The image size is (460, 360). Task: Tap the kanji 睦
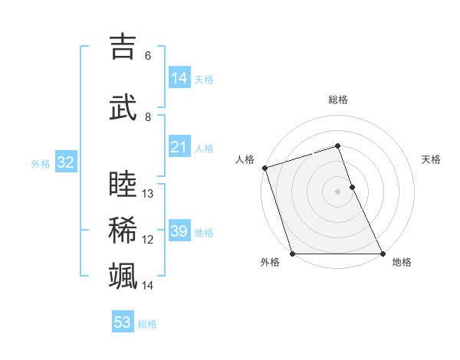pyautogui.click(x=123, y=184)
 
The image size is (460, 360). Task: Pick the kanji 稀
pyautogui.click(x=123, y=229)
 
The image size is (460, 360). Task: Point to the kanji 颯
pyautogui.click(x=123, y=275)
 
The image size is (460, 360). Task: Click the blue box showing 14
pyautogui.click(x=179, y=78)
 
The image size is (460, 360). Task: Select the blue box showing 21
pyautogui.click(x=179, y=147)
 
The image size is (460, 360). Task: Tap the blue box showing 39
pyautogui.click(x=179, y=231)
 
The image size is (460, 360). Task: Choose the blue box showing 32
pyautogui.click(x=65, y=162)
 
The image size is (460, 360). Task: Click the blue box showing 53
pyautogui.click(x=123, y=322)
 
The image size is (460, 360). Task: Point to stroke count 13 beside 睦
pyautogui.click(x=149, y=194)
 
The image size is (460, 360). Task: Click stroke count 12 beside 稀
pyautogui.click(x=149, y=240)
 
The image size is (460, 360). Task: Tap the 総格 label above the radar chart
pyautogui.click(x=338, y=100)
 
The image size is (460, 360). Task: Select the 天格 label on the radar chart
pyautogui.click(x=432, y=159)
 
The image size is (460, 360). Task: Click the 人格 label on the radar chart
pyautogui.click(x=245, y=159)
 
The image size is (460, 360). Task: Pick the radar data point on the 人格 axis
pyautogui.click(x=264, y=168)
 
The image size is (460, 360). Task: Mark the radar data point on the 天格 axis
pyautogui.click(x=352, y=187)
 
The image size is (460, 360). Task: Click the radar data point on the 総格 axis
pyautogui.click(x=338, y=146)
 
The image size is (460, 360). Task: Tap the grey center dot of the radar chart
pyautogui.click(x=338, y=191)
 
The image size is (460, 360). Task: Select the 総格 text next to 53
pyautogui.click(x=147, y=324)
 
